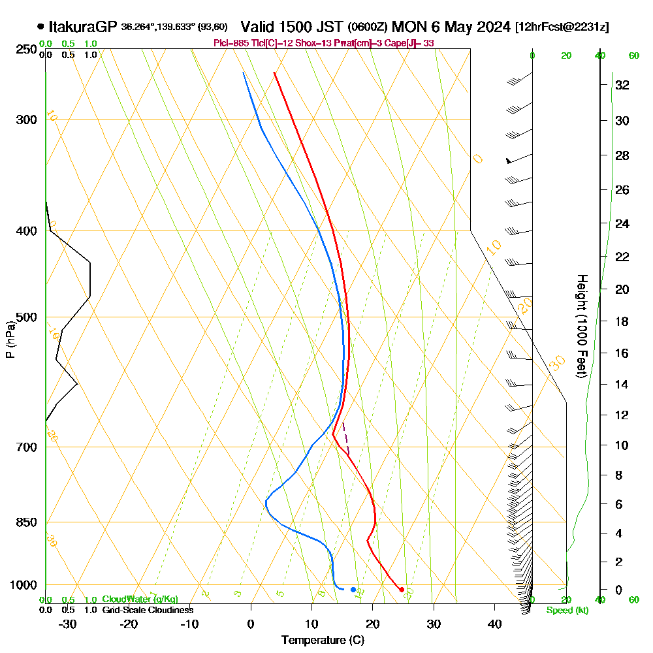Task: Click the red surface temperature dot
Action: (x=402, y=590)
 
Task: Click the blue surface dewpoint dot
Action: (x=353, y=590)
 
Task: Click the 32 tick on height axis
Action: (x=622, y=85)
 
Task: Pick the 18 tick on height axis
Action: (x=622, y=321)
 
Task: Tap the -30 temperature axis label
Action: (x=67, y=624)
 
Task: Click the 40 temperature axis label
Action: (x=494, y=624)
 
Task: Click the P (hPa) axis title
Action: (x=10, y=339)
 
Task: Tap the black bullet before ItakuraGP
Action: (x=41, y=27)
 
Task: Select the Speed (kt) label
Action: (x=565, y=611)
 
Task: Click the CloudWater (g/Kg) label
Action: (x=140, y=599)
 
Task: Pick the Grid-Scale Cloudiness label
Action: (x=148, y=610)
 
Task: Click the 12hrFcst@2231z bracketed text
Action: (x=562, y=27)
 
